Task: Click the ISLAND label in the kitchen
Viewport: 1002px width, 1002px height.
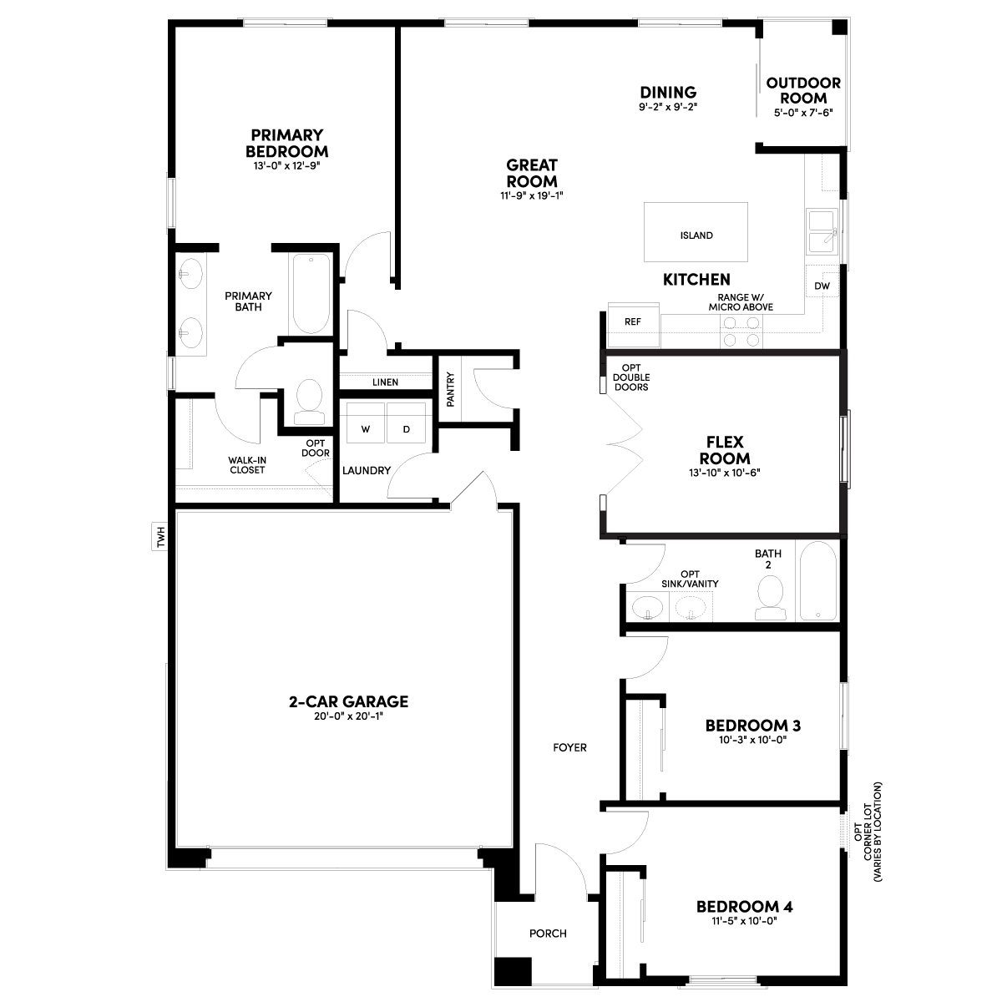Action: click(x=696, y=235)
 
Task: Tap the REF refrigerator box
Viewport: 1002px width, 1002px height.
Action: click(x=633, y=325)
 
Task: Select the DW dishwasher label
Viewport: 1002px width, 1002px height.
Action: click(x=822, y=286)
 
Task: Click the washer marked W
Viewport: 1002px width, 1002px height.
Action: click(x=366, y=423)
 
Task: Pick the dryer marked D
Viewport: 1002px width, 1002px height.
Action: click(x=406, y=423)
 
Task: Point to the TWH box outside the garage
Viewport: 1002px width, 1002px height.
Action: click(x=159, y=536)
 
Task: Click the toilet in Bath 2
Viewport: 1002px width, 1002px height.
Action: click(x=771, y=598)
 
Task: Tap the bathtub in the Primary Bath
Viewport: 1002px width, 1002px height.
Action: click(x=311, y=293)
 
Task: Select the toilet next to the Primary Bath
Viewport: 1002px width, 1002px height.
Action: click(x=310, y=402)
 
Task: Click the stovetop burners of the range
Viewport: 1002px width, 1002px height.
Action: click(x=741, y=331)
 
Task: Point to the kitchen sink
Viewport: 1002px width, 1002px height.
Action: click(x=822, y=232)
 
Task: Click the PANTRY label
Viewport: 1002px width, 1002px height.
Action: click(x=450, y=389)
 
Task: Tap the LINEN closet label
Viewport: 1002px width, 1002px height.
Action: click(x=385, y=382)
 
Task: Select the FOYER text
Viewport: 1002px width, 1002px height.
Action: click(x=570, y=747)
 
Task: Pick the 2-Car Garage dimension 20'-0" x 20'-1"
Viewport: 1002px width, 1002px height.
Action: click(x=348, y=716)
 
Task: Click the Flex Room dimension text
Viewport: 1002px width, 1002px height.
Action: click(x=724, y=473)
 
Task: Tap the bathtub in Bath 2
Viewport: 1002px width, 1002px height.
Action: click(x=818, y=581)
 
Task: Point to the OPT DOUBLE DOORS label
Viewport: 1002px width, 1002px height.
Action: click(x=631, y=377)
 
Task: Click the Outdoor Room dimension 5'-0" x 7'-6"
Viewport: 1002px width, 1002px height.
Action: click(x=803, y=113)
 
